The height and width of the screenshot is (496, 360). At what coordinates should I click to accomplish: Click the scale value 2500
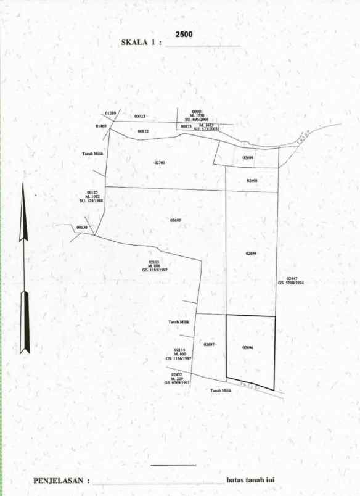click(184, 35)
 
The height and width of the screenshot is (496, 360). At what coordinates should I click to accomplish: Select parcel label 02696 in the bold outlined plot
click(248, 348)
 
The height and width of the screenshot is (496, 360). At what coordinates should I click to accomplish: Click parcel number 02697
click(209, 344)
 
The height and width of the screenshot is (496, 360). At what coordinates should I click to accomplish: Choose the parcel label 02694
click(250, 254)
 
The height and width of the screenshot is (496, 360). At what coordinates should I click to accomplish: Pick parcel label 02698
click(252, 181)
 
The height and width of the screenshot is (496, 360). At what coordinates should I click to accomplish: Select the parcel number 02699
click(248, 158)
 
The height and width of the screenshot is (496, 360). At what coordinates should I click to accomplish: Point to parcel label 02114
click(179, 350)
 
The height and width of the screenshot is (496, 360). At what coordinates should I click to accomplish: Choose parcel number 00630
click(82, 228)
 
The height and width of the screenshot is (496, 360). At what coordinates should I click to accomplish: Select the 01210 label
click(110, 114)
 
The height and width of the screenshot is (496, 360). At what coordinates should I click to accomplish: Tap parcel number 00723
click(140, 116)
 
